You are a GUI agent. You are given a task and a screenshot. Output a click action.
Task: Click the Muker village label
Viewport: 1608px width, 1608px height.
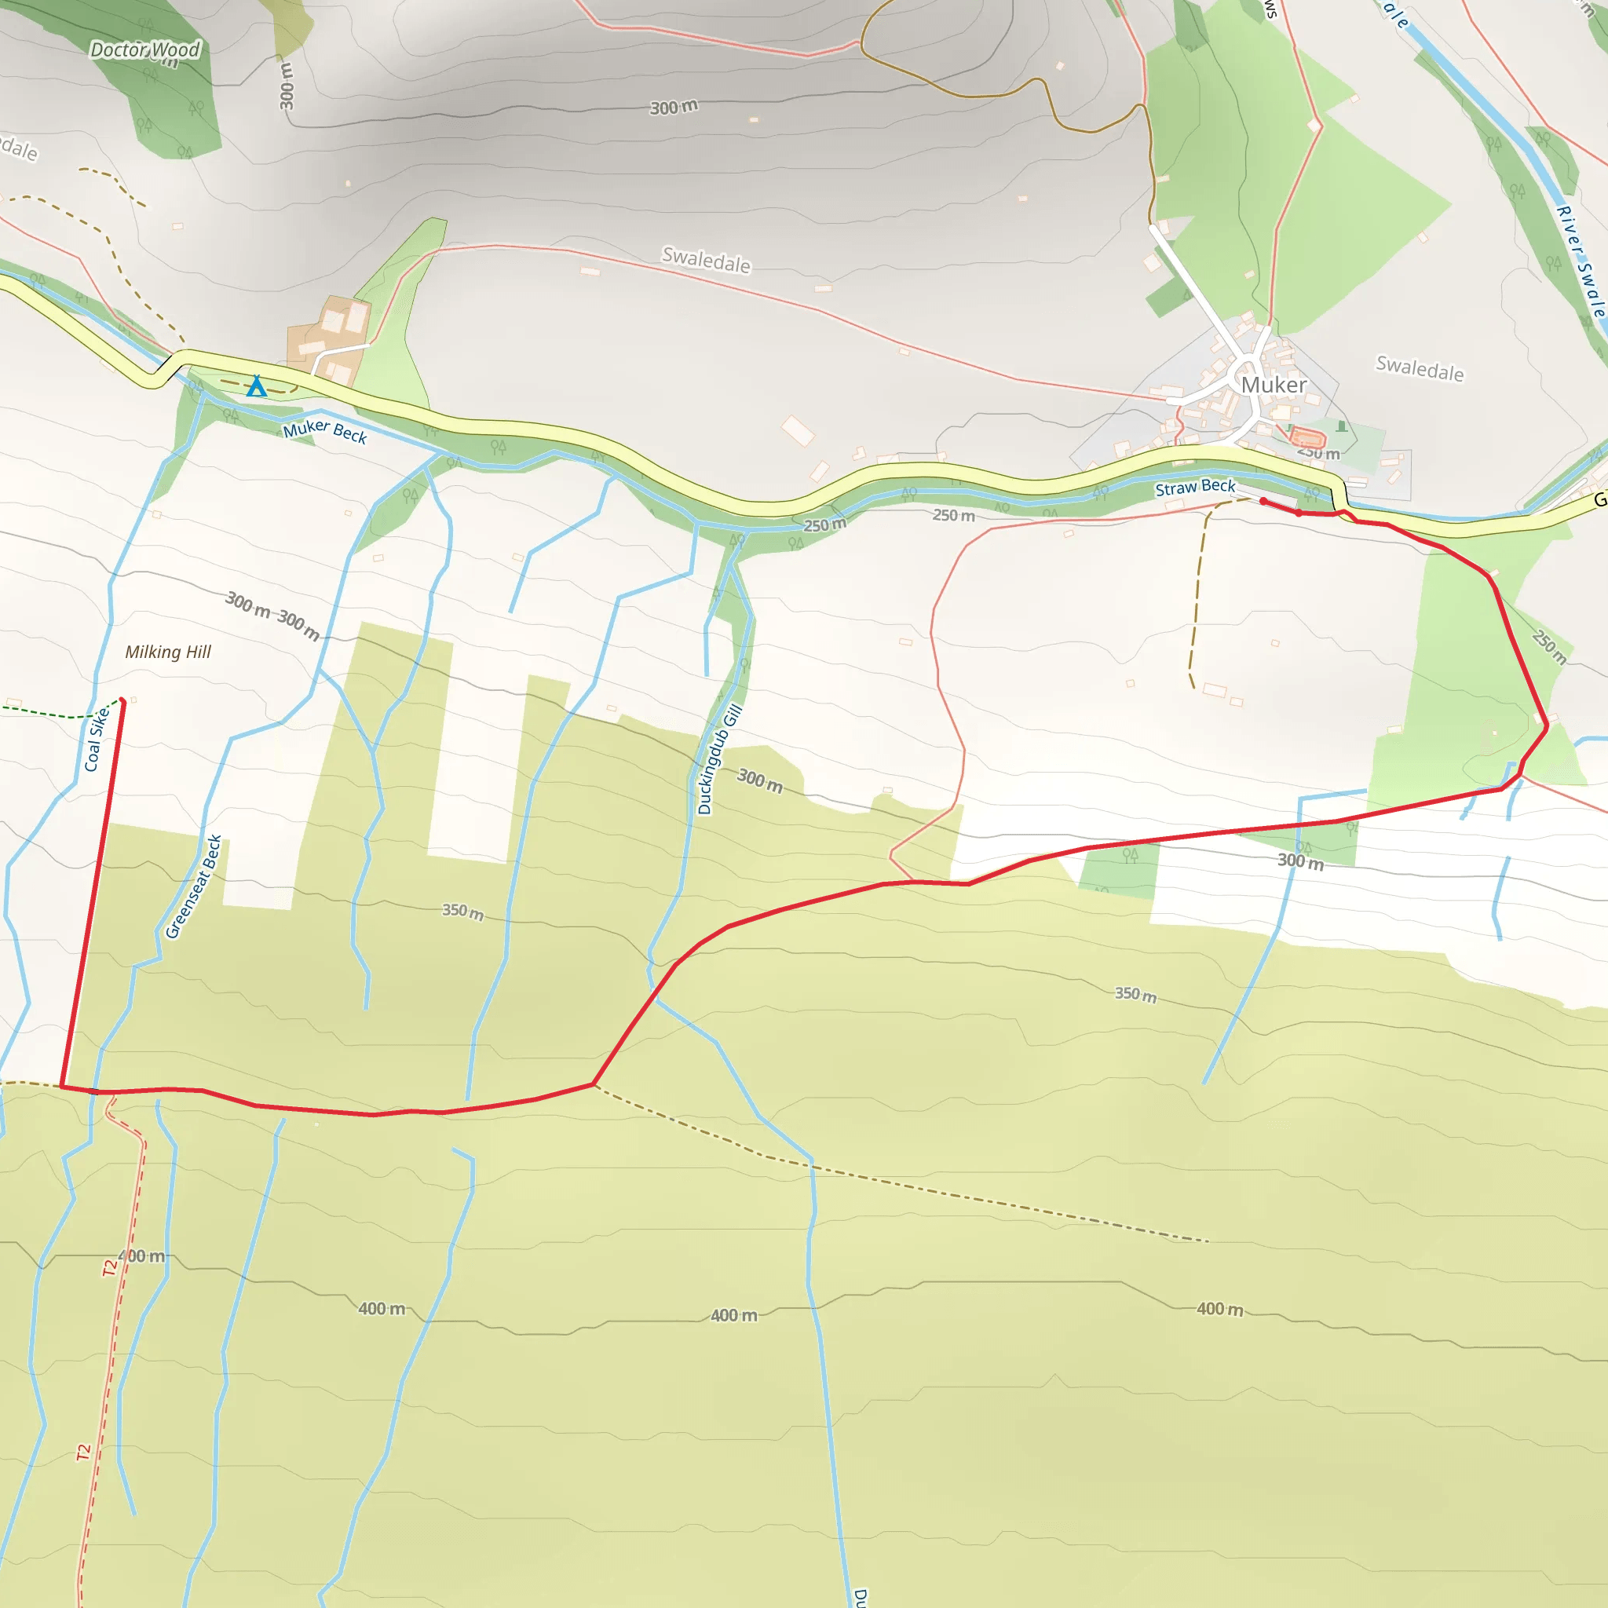(x=1273, y=385)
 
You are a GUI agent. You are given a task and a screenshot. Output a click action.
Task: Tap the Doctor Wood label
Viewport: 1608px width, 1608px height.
(x=144, y=51)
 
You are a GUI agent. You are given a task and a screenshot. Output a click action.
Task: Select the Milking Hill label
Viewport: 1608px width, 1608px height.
(x=168, y=652)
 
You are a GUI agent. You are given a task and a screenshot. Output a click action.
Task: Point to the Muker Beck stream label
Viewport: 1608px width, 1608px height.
(x=324, y=431)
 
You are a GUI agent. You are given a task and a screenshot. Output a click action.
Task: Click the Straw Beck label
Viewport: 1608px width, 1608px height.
(x=1194, y=488)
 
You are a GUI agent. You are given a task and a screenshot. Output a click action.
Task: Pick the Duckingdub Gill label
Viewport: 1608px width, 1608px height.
(x=718, y=759)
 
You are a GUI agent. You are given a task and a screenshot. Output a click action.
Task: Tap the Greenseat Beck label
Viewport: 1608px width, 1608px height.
(x=193, y=886)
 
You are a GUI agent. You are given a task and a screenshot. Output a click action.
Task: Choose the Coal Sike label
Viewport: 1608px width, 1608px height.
(x=97, y=739)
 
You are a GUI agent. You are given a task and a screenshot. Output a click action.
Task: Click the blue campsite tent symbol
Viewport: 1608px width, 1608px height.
(x=256, y=387)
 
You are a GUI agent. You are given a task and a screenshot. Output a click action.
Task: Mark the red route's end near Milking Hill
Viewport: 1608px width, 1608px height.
(x=122, y=701)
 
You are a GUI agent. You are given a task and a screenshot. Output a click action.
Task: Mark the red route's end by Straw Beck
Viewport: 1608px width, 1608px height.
(x=1263, y=501)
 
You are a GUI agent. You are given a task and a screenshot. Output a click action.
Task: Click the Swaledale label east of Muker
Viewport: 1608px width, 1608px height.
(x=1419, y=368)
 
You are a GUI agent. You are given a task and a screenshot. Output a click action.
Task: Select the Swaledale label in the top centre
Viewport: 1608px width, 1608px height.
(x=706, y=260)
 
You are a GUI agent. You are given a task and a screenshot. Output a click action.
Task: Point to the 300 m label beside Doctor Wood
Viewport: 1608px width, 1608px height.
(x=287, y=86)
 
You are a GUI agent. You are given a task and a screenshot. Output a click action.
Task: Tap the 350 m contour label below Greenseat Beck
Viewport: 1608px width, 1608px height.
(x=462, y=912)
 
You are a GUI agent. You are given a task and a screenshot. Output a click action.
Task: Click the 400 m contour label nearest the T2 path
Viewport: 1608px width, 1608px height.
(x=141, y=1256)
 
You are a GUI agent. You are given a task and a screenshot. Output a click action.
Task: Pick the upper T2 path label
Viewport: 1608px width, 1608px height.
(x=111, y=1267)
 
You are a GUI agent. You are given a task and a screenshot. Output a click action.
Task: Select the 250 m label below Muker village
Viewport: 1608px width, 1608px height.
(x=1318, y=454)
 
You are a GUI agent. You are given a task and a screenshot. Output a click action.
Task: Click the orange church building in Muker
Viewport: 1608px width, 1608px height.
(x=1306, y=438)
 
